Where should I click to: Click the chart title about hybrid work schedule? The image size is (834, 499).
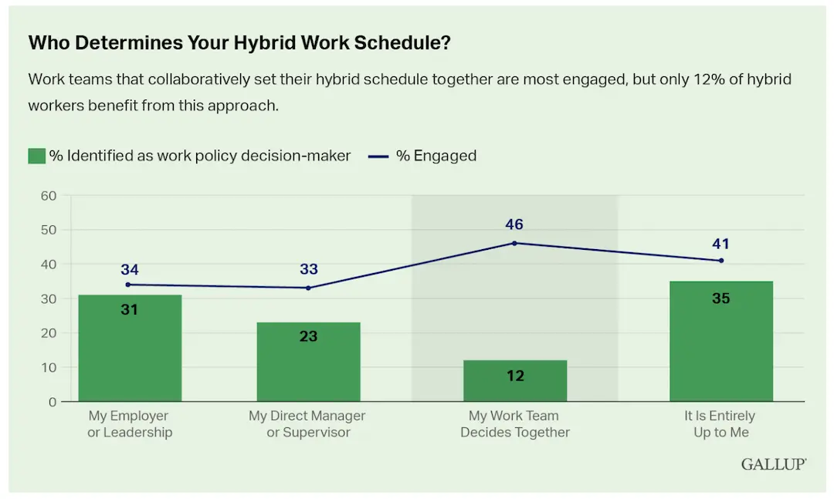[x=239, y=43]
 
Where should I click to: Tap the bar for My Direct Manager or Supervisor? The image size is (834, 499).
[x=307, y=362]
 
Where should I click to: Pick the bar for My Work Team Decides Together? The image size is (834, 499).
[x=515, y=381]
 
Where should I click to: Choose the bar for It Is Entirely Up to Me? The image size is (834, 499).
[x=721, y=342]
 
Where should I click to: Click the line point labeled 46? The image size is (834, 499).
[x=515, y=243]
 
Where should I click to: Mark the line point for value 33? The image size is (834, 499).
[x=307, y=288]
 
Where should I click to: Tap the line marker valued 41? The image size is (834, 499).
[x=721, y=260]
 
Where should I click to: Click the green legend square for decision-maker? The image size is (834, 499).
[x=36, y=156]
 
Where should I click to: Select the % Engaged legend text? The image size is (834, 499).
[x=436, y=156]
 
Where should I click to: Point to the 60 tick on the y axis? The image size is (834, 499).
[x=49, y=196]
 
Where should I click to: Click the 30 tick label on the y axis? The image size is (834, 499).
[x=49, y=298]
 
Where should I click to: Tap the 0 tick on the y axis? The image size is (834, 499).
[x=53, y=402]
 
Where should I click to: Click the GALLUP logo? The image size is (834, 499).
[x=773, y=464]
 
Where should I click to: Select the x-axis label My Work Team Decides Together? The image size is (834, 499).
[x=515, y=424]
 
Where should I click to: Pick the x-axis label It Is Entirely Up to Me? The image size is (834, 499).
[x=721, y=424]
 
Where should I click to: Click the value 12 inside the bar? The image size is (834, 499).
[x=515, y=376]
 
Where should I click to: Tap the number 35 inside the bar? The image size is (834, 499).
[x=721, y=298]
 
